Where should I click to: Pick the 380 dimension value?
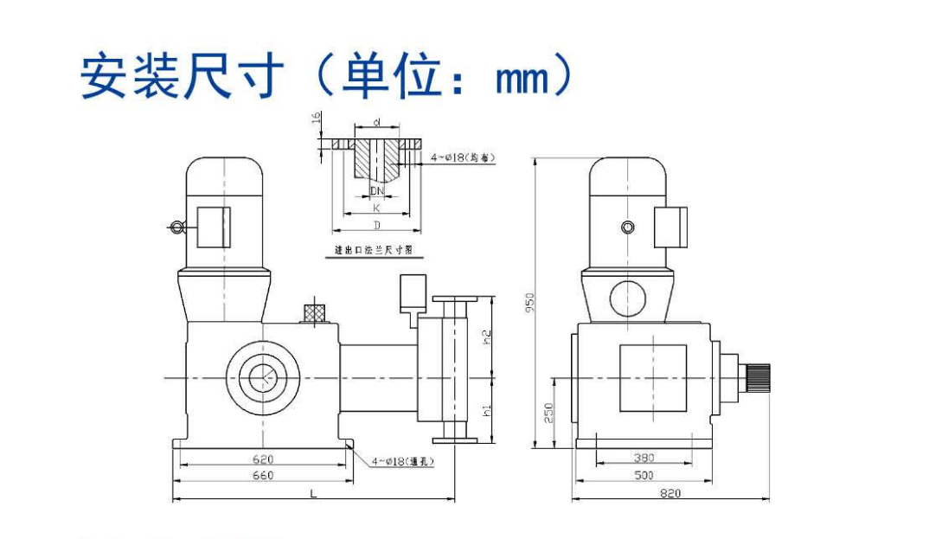[644, 459]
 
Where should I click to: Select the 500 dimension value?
[644, 476]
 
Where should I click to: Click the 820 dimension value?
[670, 493]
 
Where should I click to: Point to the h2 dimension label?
[486, 333]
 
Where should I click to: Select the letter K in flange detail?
[376, 208]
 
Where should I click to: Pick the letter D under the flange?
[376, 225]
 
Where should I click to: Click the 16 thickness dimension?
[317, 119]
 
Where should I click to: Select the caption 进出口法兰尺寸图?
[374, 250]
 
